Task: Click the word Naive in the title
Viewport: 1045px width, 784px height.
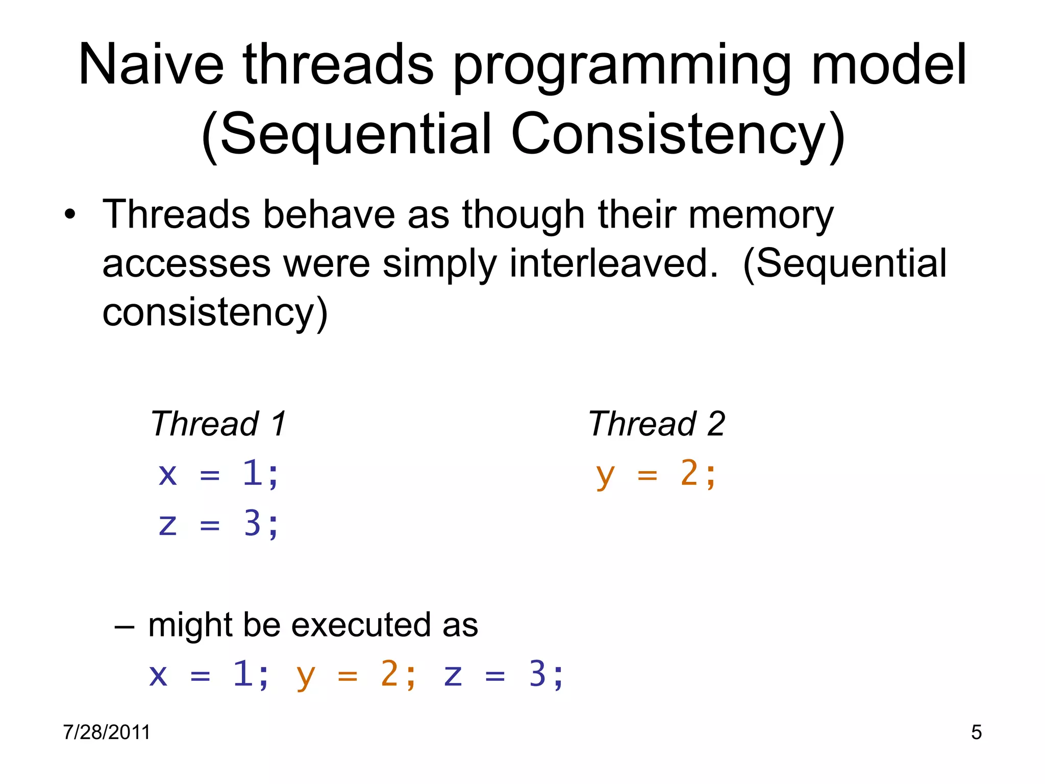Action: [x=151, y=65]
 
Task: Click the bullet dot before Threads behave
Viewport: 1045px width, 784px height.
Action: [x=70, y=215]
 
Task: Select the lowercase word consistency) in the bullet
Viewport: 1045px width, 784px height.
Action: [x=215, y=312]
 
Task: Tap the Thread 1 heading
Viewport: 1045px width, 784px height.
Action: [x=218, y=424]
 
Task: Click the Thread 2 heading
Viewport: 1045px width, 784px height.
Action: [x=656, y=424]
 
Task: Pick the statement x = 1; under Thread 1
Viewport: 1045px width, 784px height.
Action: [x=218, y=474]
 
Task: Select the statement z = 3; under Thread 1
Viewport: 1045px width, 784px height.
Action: [x=218, y=524]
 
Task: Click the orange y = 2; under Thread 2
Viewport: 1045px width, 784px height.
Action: [x=656, y=474]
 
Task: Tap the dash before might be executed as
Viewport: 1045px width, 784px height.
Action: [x=125, y=626]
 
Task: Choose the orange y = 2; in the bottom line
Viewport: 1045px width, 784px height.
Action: [x=356, y=675]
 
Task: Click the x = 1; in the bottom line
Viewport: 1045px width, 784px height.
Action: [x=209, y=675]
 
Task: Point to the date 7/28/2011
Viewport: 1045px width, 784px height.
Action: [x=107, y=732]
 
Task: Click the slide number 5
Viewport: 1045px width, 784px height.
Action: [x=976, y=732]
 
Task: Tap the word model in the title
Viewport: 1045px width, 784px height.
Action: [x=888, y=65]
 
